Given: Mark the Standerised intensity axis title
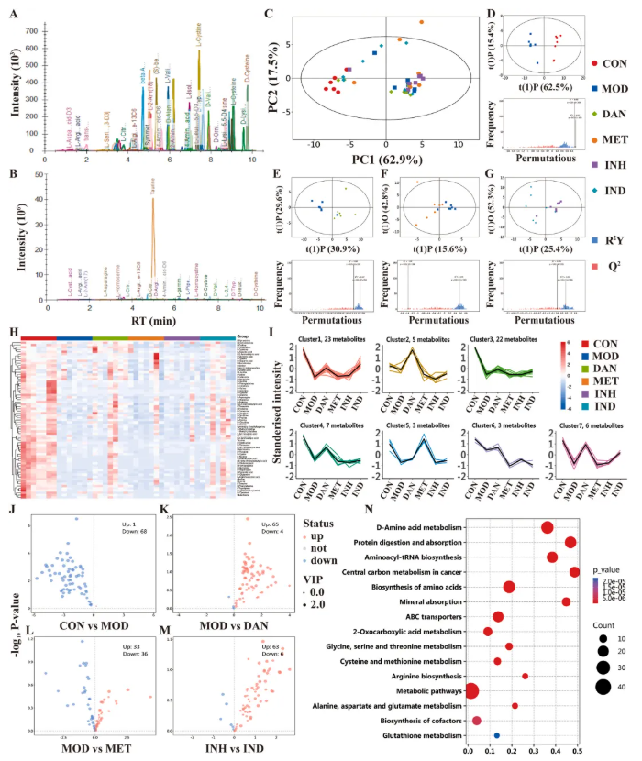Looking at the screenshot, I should click(x=280, y=403).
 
